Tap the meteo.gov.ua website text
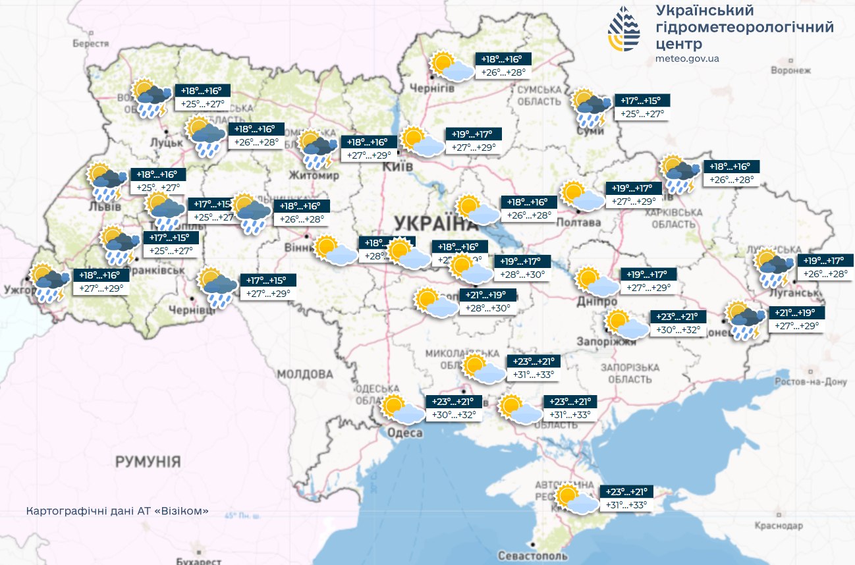point(687,59)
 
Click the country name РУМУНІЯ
point(148,461)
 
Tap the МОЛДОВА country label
point(304,374)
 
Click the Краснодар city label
point(781,526)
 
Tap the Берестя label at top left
point(90,43)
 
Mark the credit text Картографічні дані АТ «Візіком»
point(118,511)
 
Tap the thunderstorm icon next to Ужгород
point(50,282)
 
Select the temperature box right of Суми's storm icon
point(642,107)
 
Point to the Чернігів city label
point(431,88)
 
